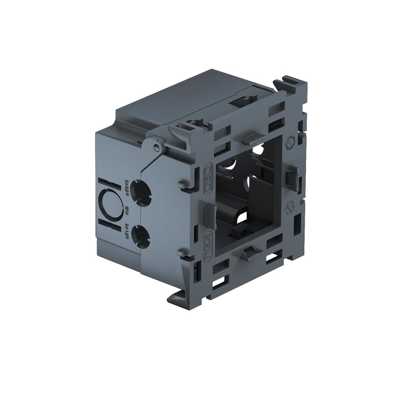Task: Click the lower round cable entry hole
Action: [x=140, y=233]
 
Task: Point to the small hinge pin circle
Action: [x=156, y=148]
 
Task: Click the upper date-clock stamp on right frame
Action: [x=292, y=140]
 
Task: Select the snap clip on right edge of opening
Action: [x=291, y=177]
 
